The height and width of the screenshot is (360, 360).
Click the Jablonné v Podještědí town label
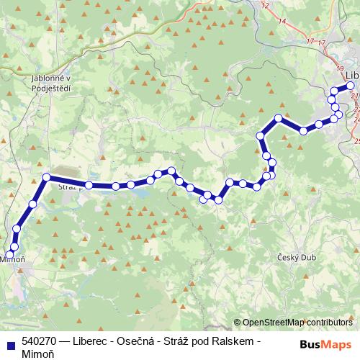(50, 83)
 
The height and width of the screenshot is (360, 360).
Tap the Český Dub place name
(293, 258)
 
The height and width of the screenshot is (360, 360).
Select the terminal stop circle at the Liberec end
(350, 86)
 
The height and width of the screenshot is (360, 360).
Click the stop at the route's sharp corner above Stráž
(46, 177)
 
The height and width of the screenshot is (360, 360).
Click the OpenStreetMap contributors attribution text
(297, 323)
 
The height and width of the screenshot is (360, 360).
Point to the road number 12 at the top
(265, 6)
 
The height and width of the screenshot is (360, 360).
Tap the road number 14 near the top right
(282, 22)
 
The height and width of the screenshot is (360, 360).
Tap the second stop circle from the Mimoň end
(14, 247)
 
